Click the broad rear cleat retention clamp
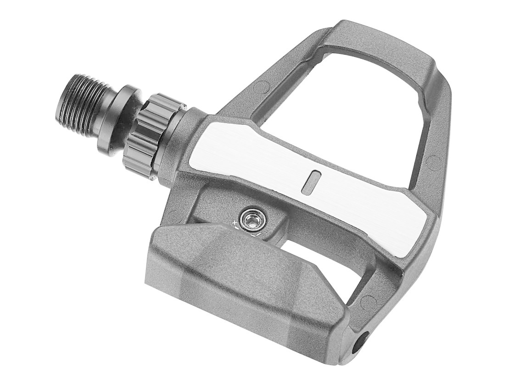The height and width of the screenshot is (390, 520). [x=239, y=280]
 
